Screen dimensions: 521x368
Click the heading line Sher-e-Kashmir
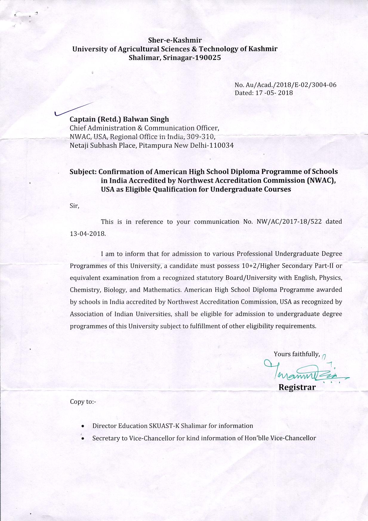click(x=175, y=40)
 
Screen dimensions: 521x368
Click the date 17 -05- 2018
click(x=274, y=93)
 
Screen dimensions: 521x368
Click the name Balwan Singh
click(x=146, y=119)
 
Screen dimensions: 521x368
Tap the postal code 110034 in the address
click(x=222, y=146)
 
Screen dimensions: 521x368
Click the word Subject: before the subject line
click(x=83, y=172)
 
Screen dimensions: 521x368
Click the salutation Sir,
click(x=74, y=206)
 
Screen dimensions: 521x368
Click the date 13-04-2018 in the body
click(x=88, y=234)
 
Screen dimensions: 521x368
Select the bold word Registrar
click(x=297, y=387)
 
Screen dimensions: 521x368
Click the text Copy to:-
click(x=83, y=402)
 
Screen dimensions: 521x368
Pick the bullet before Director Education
click(x=82, y=426)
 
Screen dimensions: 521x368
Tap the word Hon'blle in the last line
click(x=270, y=438)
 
